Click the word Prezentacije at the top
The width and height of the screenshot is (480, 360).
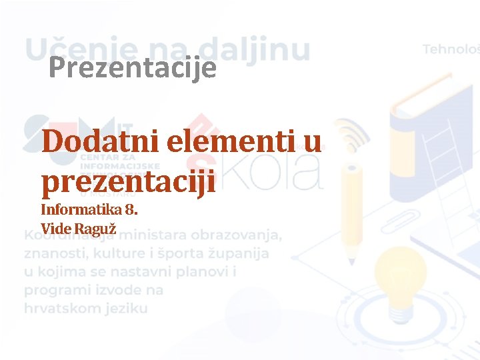tap(133, 68)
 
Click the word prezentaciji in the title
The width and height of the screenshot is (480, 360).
tap(129, 181)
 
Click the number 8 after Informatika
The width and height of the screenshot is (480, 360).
tap(131, 211)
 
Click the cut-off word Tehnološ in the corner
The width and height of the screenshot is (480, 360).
tap(450, 49)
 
